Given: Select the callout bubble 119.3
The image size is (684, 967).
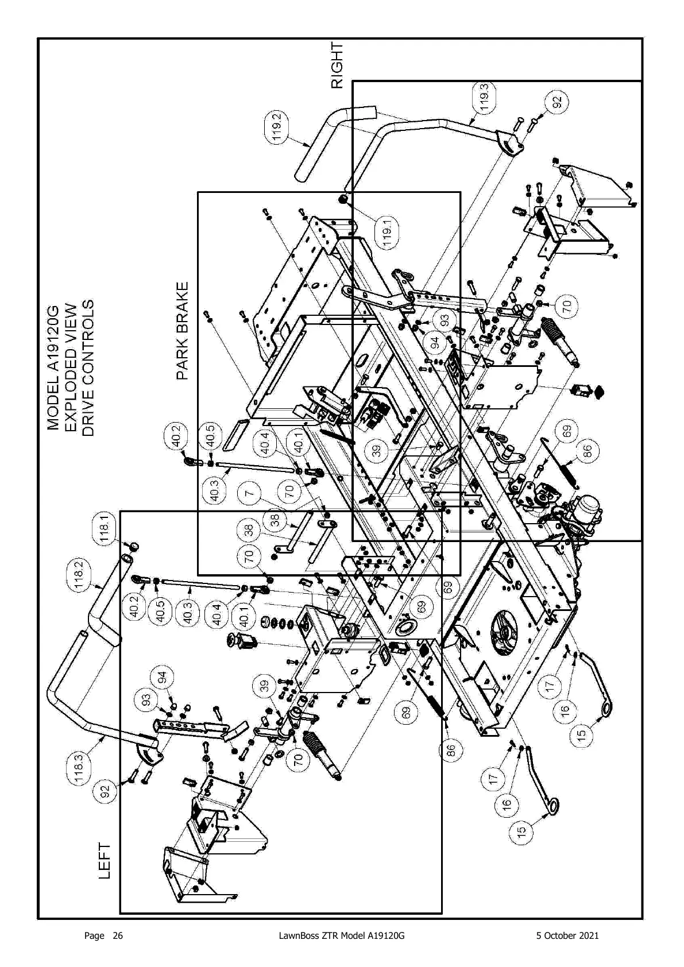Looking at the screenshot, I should [x=485, y=98].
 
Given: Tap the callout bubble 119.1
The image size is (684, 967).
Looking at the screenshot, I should [x=388, y=232].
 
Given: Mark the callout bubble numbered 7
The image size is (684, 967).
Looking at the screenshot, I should [x=251, y=493].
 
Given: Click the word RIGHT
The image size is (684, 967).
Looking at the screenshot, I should [x=338, y=65].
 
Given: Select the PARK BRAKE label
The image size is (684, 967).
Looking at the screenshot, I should [x=183, y=331].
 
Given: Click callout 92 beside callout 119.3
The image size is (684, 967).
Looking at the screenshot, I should [x=556, y=102].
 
